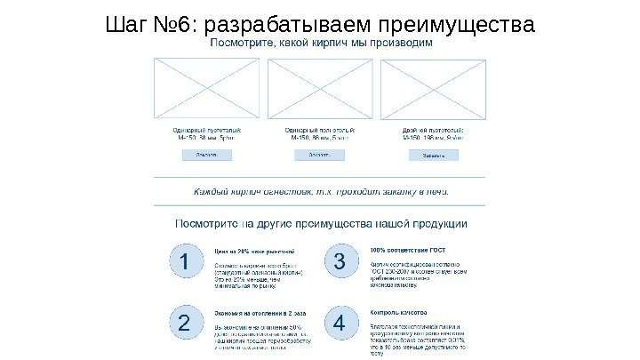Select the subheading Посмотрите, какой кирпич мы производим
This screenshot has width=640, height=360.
(321, 43)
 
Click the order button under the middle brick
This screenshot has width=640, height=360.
(319, 155)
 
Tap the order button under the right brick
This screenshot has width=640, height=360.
(433, 155)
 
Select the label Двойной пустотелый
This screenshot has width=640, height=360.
(433, 131)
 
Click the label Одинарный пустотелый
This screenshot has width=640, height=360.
(207, 131)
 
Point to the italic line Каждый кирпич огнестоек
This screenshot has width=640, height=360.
(321, 191)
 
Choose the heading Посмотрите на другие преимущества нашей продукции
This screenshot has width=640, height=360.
(321, 224)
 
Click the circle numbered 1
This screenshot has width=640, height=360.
(184, 264)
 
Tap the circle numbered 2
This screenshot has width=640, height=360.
(184, 325)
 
